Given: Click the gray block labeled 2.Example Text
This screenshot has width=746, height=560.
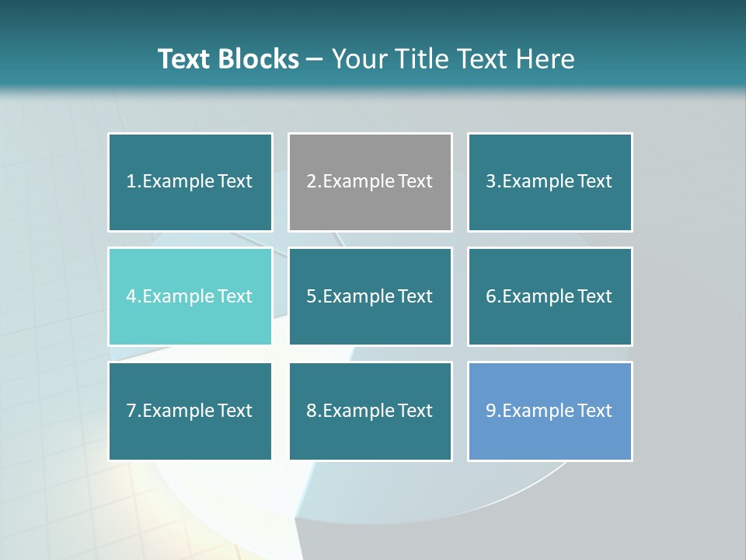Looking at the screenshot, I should [x=370, y=182].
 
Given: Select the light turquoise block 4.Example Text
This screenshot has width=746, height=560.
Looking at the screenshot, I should [x=190, y=296].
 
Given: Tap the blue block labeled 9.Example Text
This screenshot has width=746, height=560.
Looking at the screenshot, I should [x=549, y=411].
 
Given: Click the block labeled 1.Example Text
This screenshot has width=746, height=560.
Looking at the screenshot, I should [x=190, y=182].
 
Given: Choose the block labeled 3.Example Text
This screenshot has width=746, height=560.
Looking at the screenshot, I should [x=549, y=182].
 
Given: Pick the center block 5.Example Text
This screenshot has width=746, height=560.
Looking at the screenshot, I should [x=370, y=296].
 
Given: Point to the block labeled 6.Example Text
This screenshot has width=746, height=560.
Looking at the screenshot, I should [x=549, y=296].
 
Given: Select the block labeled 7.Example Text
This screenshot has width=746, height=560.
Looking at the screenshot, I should [x=190, y=411].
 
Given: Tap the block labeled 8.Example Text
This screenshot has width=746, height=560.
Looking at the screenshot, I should [x=370, y=411].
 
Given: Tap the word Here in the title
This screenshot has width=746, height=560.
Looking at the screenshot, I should [x=546, y=59].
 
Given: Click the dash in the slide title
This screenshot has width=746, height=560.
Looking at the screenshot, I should [x=315, y=59].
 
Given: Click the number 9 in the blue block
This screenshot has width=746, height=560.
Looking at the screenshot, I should [x=491, y=411].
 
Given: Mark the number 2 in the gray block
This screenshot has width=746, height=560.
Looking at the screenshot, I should [x=311, y=182].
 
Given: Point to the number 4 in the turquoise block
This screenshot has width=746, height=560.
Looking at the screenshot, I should [x=131, y=296].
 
